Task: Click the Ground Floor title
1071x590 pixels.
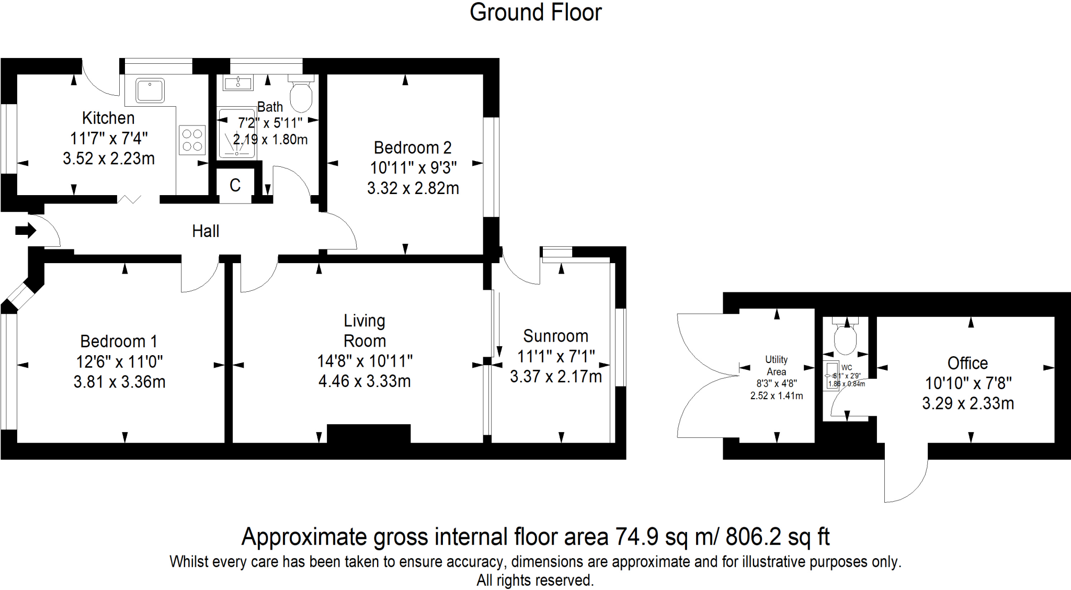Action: pos(535,13)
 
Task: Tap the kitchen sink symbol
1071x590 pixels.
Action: pos(150,90)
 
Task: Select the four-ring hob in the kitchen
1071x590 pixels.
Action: pos(192,140)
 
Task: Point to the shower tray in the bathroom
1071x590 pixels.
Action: pos(236,133)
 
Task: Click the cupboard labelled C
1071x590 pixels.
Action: pos(235,185)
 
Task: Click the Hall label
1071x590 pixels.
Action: pos(206,231)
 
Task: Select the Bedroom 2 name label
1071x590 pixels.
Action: pos(413,148)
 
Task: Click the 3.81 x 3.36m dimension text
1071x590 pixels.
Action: pos(119,382)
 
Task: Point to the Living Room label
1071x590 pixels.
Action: pos(364,331)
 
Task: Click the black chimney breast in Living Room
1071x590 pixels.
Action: pos(369,434)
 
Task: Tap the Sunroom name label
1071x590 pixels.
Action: pos(555,336)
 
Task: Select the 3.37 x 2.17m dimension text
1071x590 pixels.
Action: pos(555,377)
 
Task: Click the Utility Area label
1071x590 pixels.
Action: pos(776,366)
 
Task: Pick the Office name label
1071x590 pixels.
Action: pos(967,363)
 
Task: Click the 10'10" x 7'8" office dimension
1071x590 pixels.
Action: pos(968,383)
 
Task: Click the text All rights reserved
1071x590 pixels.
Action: pos(535,581)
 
